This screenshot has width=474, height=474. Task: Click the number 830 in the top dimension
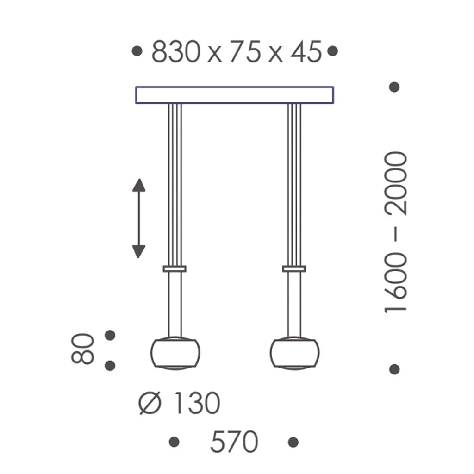tap(176, 51)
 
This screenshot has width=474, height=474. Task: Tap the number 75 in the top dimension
tap(244, 51)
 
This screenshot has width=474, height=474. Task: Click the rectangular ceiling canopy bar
tap(234, 95)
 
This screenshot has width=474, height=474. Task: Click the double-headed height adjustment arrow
tap(139, 218)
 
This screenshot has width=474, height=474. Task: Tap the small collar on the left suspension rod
tap(175, 268)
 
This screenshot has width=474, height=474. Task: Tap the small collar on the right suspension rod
tap(294, 268)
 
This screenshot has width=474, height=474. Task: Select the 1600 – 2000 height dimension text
tap(396, 231)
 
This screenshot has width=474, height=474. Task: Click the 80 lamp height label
tap(84, 349)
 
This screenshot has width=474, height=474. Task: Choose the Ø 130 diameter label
tap(180, 403)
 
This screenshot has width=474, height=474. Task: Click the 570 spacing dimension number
tap(234, 442)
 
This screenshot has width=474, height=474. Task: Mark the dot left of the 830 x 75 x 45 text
tap(137, 51)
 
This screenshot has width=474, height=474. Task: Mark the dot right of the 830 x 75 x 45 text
tap(332, 51)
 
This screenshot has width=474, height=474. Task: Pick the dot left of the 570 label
tap(174, 442)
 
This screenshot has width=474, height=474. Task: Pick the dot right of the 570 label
tap(293, 442)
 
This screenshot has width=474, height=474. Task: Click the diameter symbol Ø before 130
tap(150, 404)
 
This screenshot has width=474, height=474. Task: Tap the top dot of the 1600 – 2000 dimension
tap(394, 87)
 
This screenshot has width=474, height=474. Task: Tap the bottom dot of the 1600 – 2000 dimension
tap(394, 369)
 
